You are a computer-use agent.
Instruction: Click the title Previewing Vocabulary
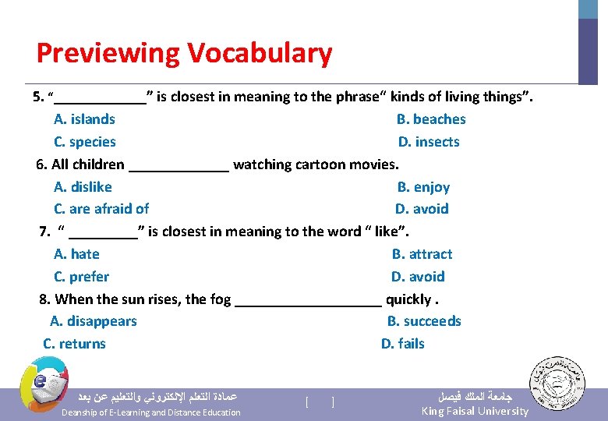184,54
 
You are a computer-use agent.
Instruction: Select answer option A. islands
84,119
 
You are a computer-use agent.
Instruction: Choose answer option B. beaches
431,119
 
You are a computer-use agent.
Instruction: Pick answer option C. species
85,142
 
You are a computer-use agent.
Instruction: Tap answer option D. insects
429,142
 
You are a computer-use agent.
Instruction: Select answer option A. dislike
83,187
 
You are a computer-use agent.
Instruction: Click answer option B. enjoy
423,187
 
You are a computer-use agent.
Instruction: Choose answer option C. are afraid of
101,209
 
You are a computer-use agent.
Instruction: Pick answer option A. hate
76,254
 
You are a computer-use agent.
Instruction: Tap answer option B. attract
422,254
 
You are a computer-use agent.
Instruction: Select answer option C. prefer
81,277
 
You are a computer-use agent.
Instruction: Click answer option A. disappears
93,321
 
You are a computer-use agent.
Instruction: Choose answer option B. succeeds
424,321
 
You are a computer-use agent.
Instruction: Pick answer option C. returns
74,344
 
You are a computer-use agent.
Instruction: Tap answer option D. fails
403,344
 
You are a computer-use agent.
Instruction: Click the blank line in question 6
179,167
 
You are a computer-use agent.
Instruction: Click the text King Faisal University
475,411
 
